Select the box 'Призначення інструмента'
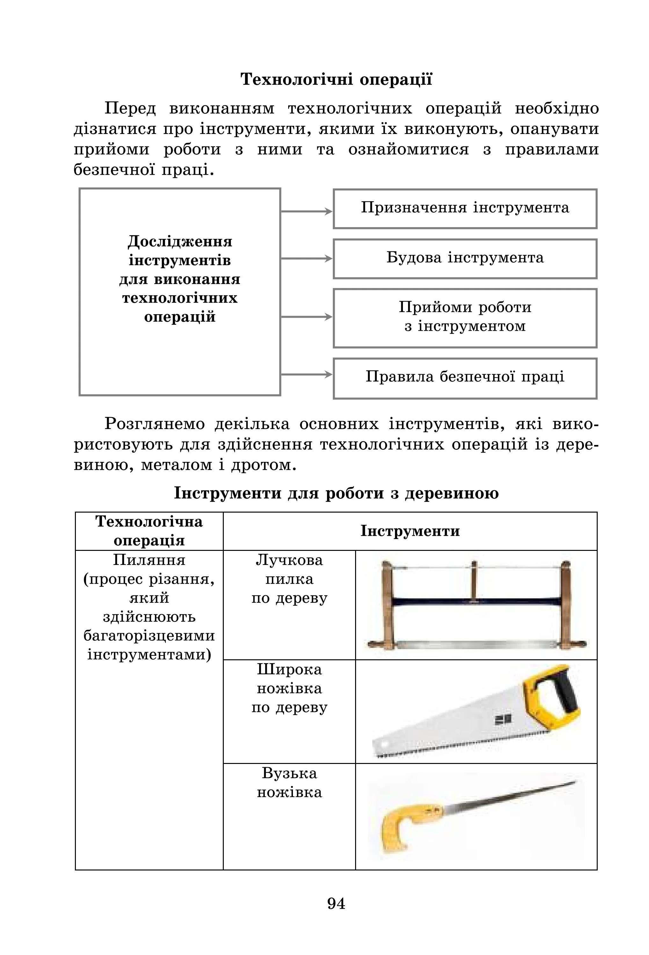coord(464,208)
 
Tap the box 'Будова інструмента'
coord(464,258)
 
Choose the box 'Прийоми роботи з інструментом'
coord(464,318)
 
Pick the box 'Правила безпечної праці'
coord(464,378)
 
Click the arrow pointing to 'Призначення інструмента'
coord(306,211)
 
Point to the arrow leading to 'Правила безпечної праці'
coord(306,374)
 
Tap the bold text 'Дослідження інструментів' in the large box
coord(180,251)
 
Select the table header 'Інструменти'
coord(410,531)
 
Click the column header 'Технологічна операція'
coord(149,531)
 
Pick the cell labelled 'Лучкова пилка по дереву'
coord(289,579)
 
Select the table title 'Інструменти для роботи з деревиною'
coord(336,493)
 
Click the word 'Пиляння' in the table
coord(149,560)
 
